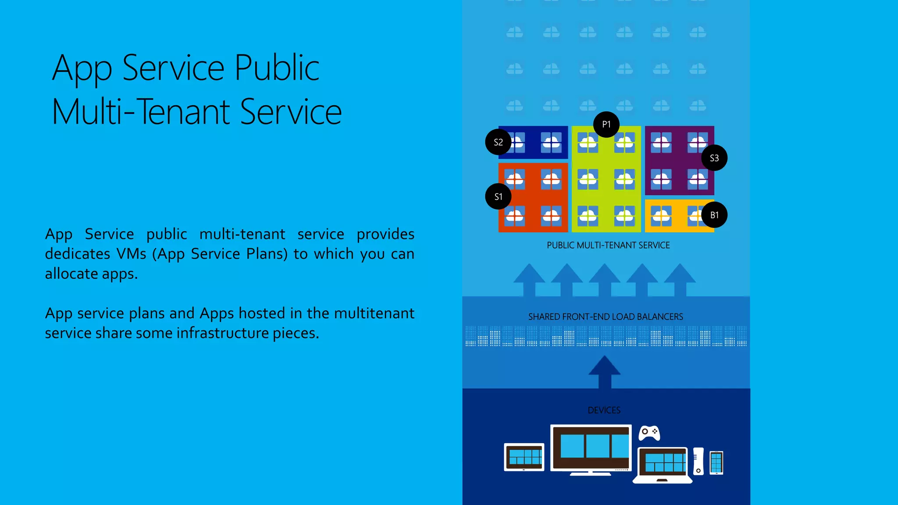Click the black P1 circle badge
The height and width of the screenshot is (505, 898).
(606, 124)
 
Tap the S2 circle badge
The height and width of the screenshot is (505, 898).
(498, 142)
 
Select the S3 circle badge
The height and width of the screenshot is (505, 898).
(714, 158)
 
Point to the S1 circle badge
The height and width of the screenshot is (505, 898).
(498, 196)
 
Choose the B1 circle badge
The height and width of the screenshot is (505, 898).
(714, 215)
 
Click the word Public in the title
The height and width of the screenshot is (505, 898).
(277, 68)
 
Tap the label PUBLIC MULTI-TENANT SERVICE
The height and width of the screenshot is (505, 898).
(608, 245)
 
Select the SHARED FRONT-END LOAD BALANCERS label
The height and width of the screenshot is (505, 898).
(606, 317)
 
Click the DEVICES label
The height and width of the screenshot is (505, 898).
(604, 410)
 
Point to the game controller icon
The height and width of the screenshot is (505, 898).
(649, 433)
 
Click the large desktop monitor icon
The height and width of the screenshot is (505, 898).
(591, 449)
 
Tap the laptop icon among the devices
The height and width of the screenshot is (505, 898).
(663, 465)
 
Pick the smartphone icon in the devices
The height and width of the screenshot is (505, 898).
(716, 462)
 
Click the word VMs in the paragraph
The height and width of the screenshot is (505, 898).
(131, 254)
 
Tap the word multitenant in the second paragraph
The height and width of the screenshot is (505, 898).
(374, 313)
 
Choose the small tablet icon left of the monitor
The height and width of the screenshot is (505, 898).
(524, 457)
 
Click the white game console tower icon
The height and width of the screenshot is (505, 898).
(698, 461)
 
